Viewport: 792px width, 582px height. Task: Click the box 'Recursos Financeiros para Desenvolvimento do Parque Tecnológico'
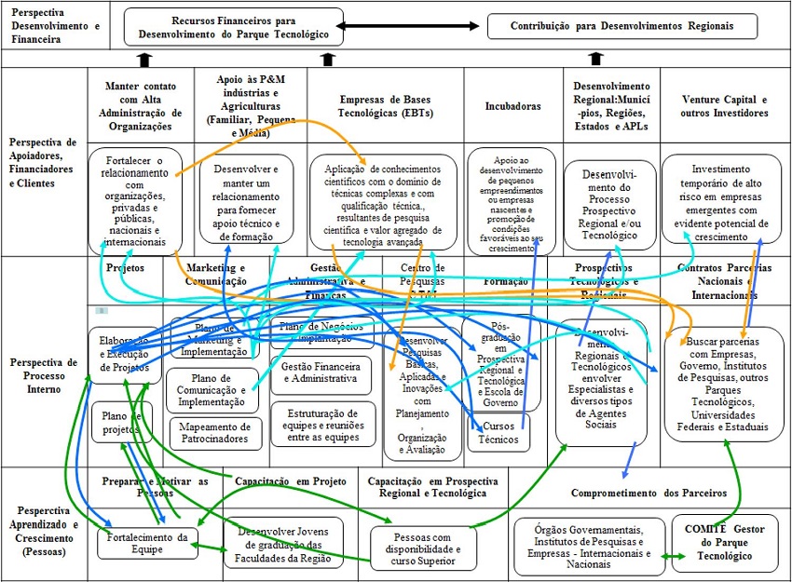tap(233, 26)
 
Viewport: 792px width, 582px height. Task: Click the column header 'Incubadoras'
tap(512, 106)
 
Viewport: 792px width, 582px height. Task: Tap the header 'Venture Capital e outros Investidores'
tap(725, 106)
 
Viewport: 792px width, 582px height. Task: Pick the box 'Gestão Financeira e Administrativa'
tap(321, 373)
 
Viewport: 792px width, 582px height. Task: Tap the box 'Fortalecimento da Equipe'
tap(147, 543)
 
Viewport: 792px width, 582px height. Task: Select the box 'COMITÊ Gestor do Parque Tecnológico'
tap(724, 543)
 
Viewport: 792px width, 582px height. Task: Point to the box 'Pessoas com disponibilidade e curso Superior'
tap(422, 548)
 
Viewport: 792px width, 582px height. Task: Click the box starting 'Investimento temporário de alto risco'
tap(722, 203)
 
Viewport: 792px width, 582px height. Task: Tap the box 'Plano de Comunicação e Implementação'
tap(213, 391)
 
